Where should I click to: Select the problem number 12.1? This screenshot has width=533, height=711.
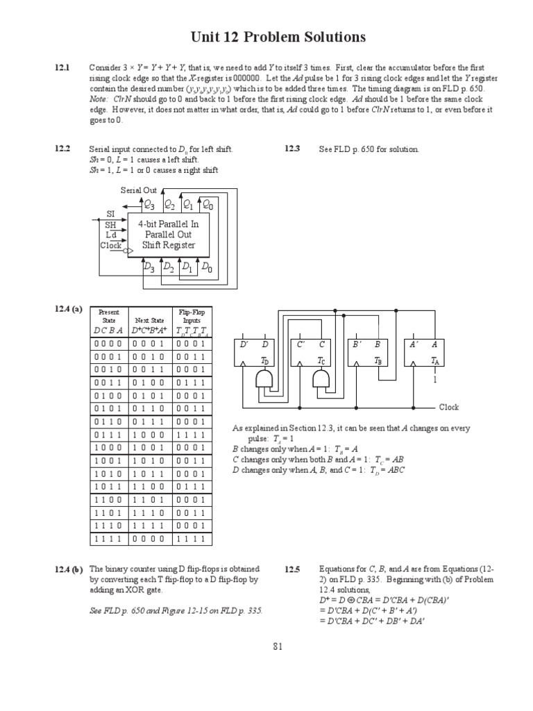63,67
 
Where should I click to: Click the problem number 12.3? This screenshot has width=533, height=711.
292,149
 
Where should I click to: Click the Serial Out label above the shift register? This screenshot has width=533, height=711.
139,190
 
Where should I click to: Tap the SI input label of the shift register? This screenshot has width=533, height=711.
110,214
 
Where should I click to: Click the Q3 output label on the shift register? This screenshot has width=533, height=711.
149,205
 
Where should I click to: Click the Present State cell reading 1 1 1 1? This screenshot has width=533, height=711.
109,538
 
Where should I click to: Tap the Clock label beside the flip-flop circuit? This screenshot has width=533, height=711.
448,407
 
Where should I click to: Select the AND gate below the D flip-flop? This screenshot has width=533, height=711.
265,379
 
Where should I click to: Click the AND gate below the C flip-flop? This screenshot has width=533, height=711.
321,379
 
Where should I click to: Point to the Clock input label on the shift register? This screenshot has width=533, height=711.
111,245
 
